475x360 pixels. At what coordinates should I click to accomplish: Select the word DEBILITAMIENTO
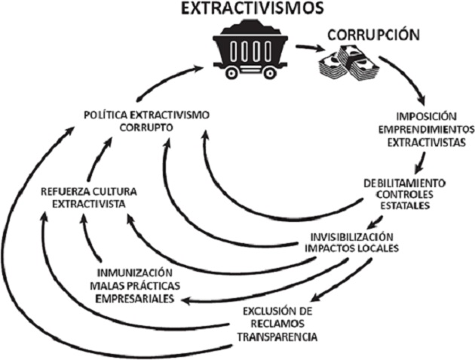pos(404,183)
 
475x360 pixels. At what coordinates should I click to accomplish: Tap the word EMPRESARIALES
pos(136,299)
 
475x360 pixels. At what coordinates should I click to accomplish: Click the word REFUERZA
pos(66,191)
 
